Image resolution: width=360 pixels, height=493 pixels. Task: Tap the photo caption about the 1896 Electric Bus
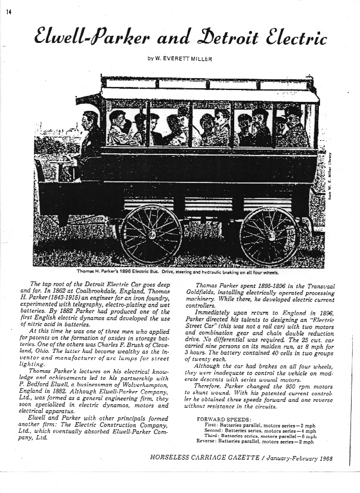(182, 272)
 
